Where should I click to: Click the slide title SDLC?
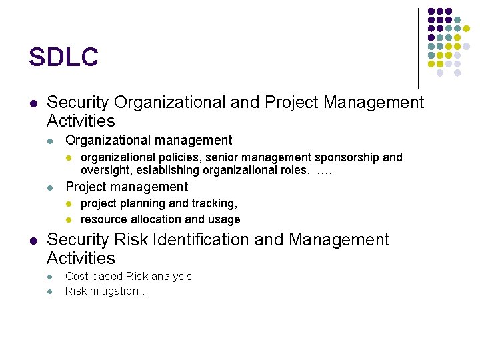[63, 57]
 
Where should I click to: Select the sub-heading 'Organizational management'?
[149, 141]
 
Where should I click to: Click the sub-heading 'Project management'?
[127, 187]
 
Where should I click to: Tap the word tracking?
[215, 204]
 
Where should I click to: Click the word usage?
[224, 219]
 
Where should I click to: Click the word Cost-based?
[91, 276]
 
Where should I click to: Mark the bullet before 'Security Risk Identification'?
[33, 240]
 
